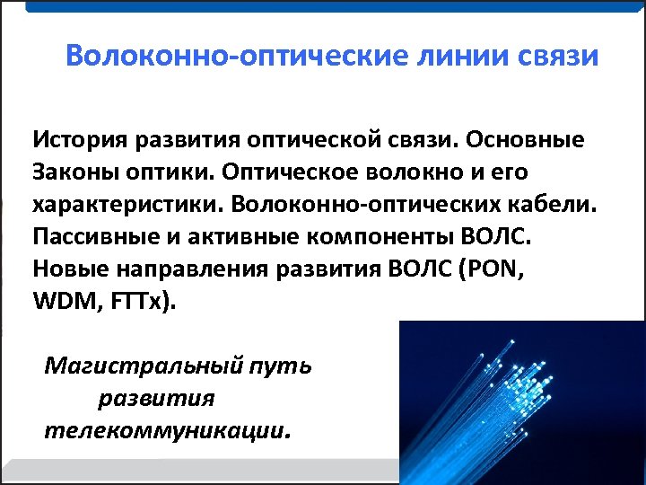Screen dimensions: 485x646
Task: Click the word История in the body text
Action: pos(79,140)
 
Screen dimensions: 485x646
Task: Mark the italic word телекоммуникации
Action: pos(167,428)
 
